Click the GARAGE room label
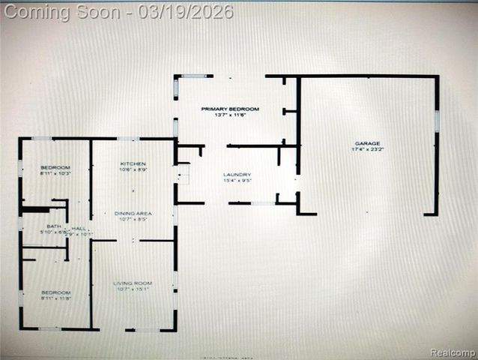tap(367, 142)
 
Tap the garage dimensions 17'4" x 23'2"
tap(367, 149)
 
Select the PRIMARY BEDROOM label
tap(230, 109)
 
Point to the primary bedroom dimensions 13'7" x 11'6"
tap(230, 115)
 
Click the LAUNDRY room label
tap(236, 174)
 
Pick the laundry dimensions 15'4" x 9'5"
tap(236, 181)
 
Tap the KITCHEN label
tap(133, 163)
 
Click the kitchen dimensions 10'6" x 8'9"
tap(133, 170)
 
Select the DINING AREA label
tap(133, 214)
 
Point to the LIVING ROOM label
tap(133, 283)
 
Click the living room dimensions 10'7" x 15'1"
tap(133, 289)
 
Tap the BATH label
tap(53, 226)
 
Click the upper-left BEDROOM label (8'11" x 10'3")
tap(55, 166)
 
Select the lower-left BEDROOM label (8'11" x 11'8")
tap(55, 292)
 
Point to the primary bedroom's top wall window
tap(193, 76)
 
